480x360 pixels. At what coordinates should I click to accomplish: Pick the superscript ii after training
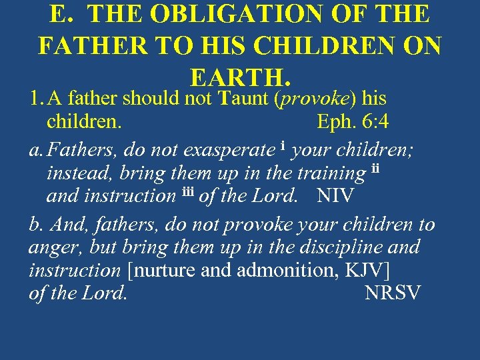[x=374, y=168]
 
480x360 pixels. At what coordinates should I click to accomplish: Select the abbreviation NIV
[x=336, y=196]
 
